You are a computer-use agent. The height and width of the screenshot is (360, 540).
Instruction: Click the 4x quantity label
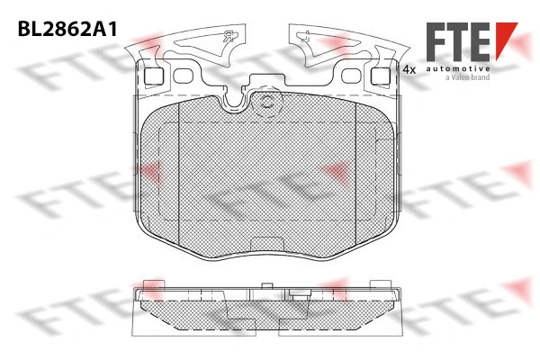tap(409, 68)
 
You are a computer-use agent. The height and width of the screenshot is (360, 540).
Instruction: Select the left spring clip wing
tap(193, 45)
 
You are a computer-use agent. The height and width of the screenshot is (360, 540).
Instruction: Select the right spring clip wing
tap(342, 45)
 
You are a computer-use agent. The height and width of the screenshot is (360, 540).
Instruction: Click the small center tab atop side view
tap(265, 288)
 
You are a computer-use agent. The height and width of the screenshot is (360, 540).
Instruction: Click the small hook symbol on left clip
tap(228, 37)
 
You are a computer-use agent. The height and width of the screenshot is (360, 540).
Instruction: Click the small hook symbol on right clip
tap(307, 37)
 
